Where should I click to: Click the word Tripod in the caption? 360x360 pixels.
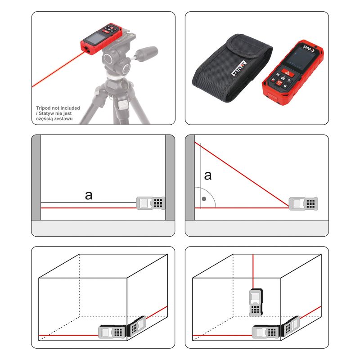click(x=43, y=108)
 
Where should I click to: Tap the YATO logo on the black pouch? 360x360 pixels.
click(x=239, y=68)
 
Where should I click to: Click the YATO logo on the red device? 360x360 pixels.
click(x=309, y=49)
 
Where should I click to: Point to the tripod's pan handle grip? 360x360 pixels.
click(x=148, y=52)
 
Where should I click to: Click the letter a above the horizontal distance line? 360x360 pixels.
click(x=89, y=196)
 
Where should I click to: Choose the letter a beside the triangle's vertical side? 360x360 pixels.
click(x=208, y=175)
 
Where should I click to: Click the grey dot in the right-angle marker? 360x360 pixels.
click(x=204, y=199)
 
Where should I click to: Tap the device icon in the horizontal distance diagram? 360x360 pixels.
click(x=151, y=203)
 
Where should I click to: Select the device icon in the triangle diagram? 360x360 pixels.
click(x=303, y=204)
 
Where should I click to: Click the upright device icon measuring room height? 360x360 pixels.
click(x=256, y=302)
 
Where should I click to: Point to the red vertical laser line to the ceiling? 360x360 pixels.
click(x=253, y=272)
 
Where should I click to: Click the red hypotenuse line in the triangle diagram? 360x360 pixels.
click(x=242, y=175)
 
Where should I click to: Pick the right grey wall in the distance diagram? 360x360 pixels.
click(x=170, y=177)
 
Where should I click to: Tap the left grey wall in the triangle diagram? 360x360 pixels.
click(x=190, y=177)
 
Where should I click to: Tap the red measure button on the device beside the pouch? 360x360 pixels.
click(x=287, y=72)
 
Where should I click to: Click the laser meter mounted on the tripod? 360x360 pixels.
click(x=101, y=39)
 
